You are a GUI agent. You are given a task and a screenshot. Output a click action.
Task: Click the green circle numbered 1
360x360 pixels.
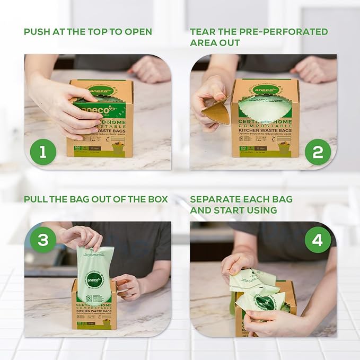[42, 152]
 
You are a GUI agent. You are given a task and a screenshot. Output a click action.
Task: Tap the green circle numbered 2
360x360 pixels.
[318, 152]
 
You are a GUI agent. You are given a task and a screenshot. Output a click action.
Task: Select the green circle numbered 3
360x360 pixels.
[42, 240]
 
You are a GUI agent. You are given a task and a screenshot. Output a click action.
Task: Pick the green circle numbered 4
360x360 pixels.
[318, 240]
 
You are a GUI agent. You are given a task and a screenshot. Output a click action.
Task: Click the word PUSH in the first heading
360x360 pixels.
[37, 32]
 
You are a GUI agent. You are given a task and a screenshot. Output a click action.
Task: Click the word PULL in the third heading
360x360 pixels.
[36, 199]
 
